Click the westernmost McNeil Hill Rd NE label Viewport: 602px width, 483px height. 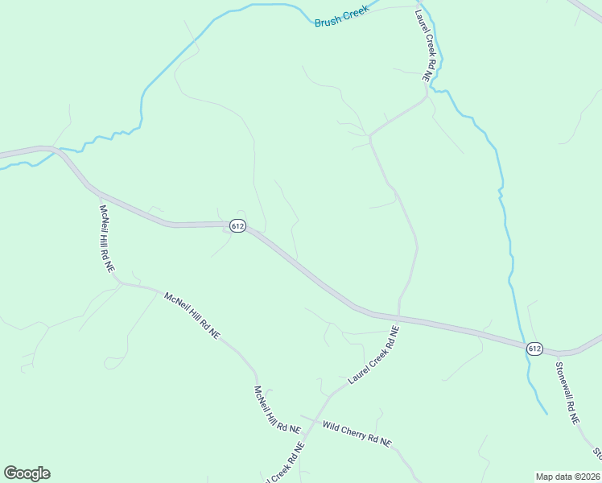pos(105,238)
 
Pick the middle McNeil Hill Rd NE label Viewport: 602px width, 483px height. pos(192,315)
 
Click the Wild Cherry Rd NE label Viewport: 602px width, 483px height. pos(356,433)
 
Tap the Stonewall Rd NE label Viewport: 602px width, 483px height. pos(567,392)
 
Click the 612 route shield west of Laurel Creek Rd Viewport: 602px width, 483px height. pos(237,226)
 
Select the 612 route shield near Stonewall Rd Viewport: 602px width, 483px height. pos(534,348)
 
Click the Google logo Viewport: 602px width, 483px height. pos(27,473)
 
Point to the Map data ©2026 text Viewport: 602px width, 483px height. pos(567,477)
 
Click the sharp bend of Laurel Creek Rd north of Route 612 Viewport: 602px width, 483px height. pos(370,138)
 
